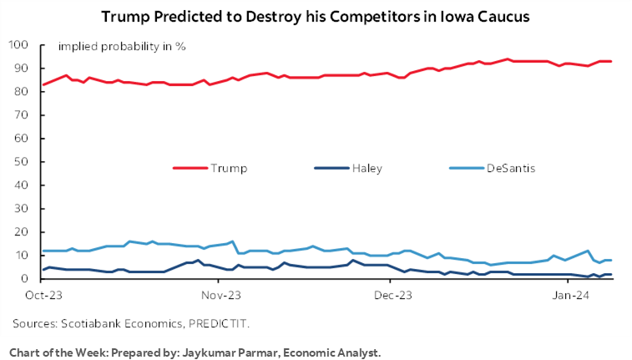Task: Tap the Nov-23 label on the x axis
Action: [x=221, y=295]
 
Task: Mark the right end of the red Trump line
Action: [x=612, y=61]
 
